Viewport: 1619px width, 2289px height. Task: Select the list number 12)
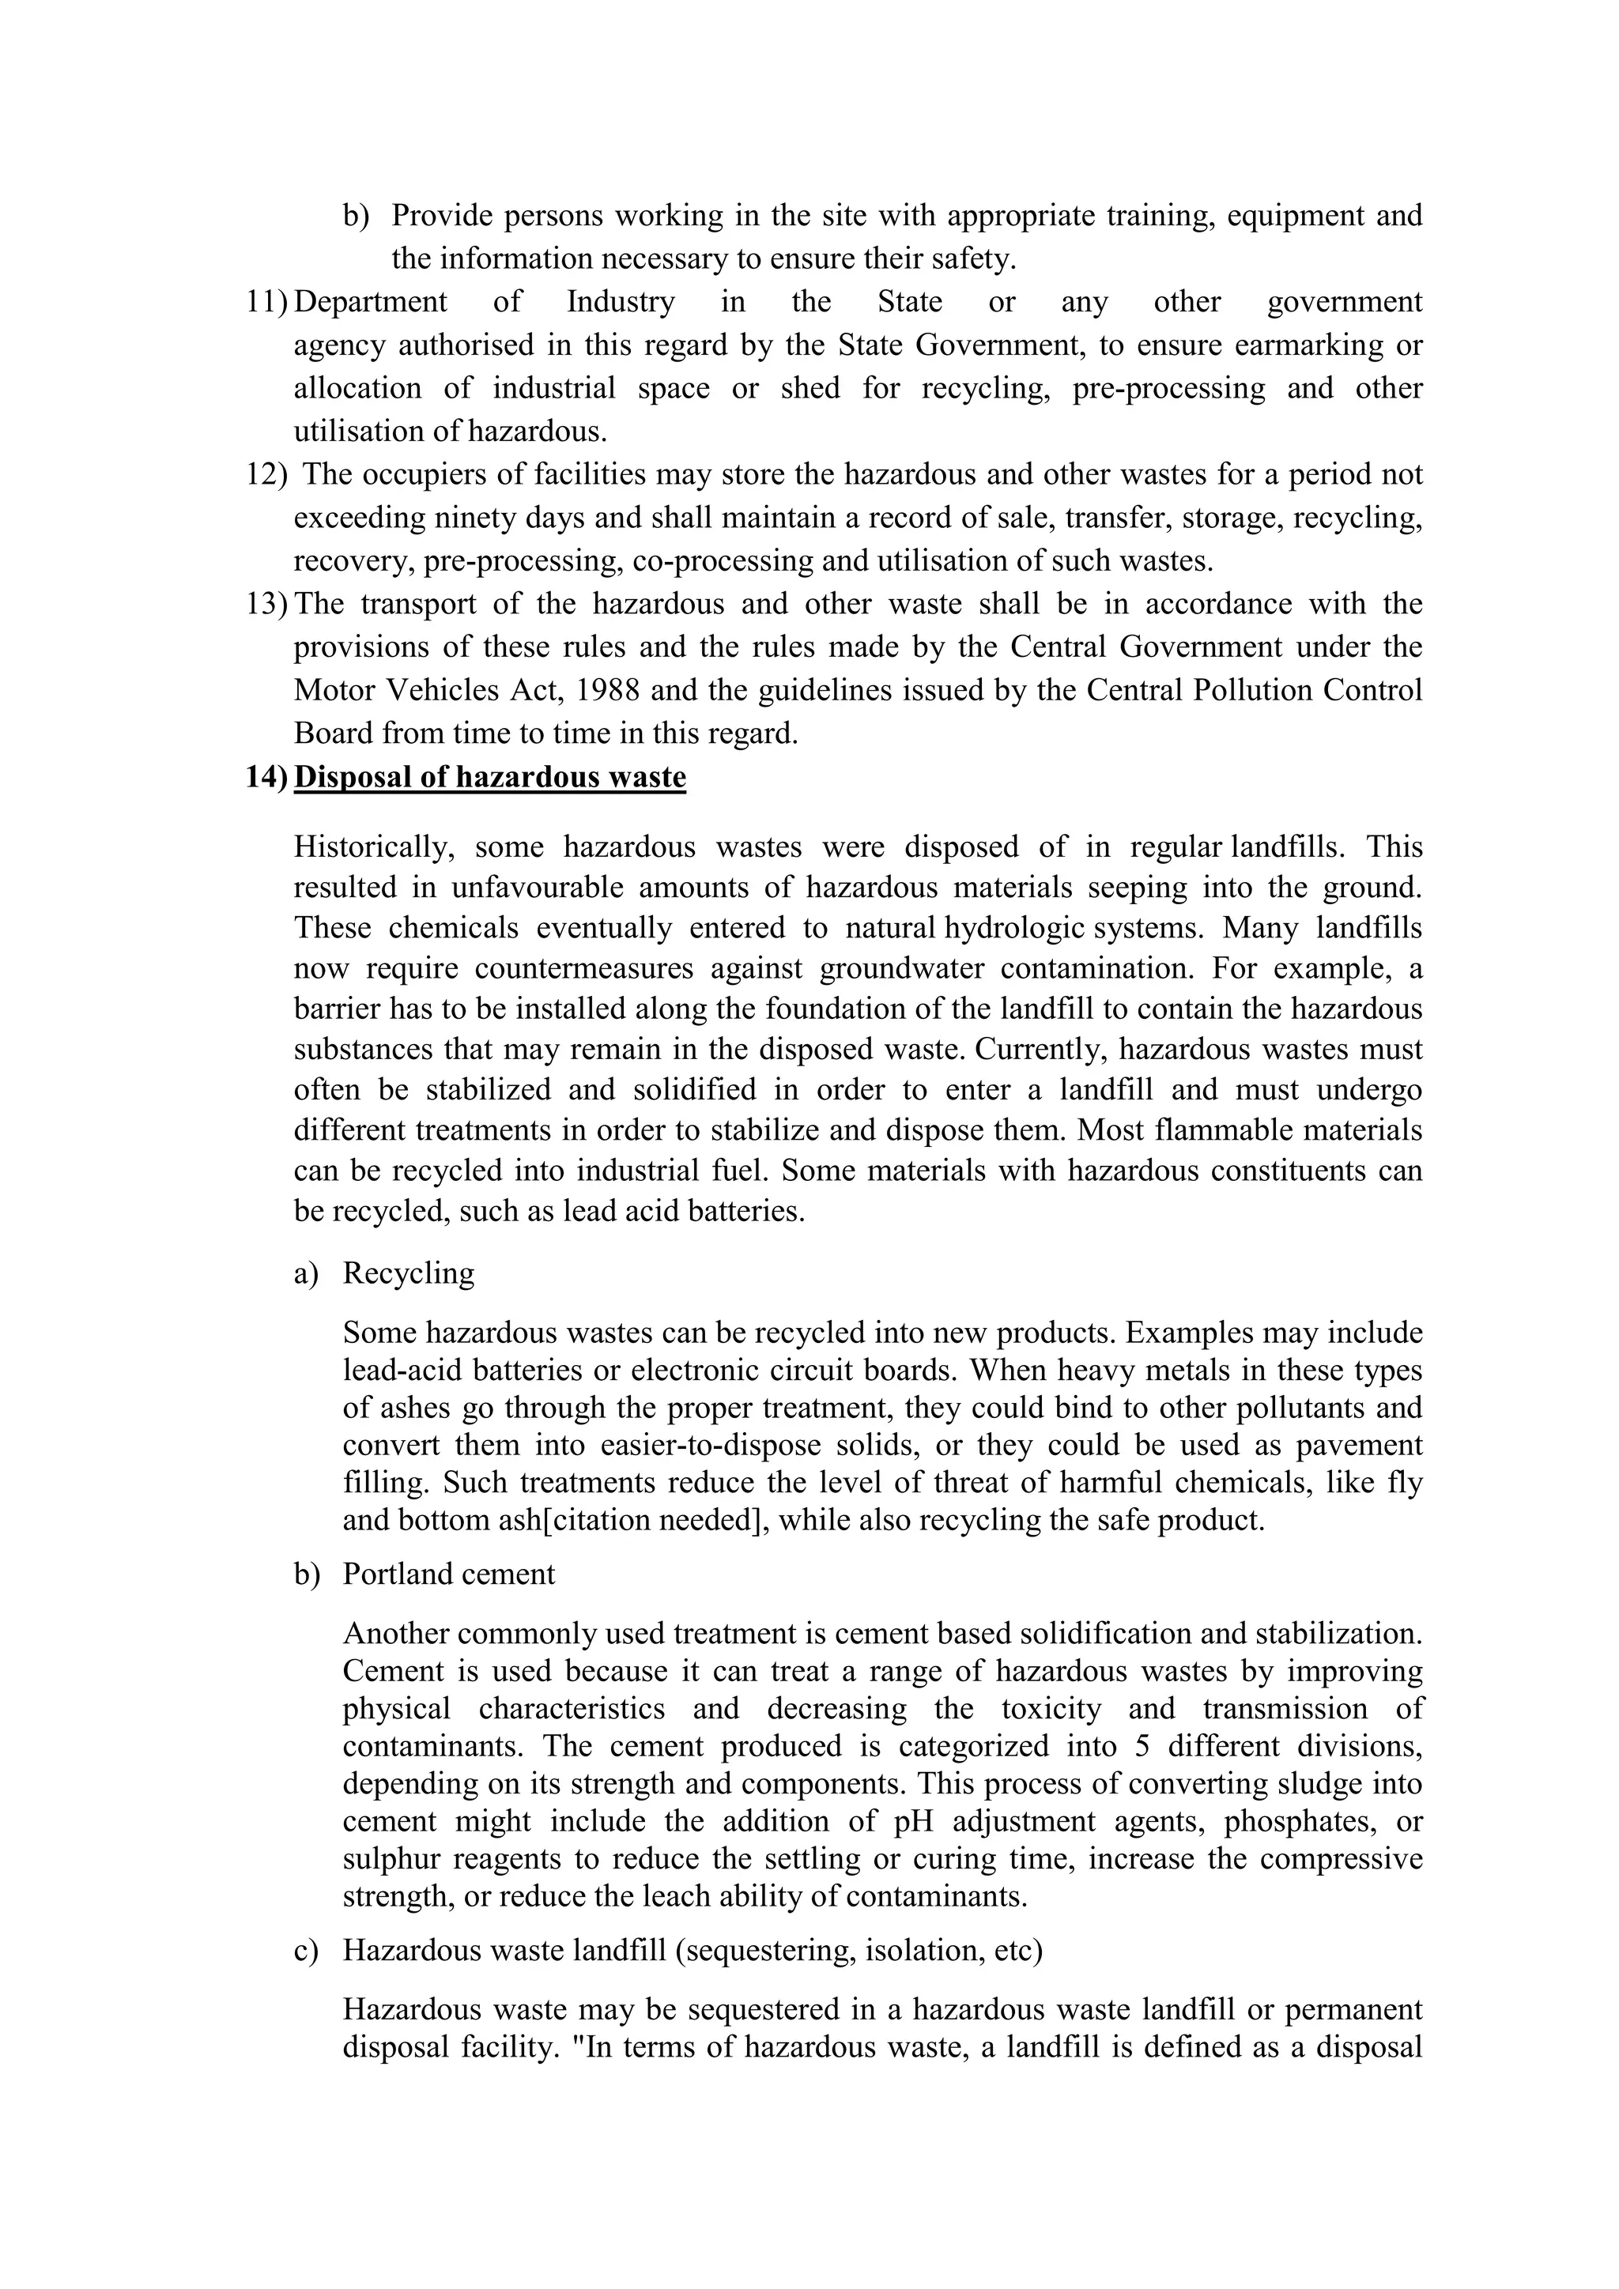(266, 473)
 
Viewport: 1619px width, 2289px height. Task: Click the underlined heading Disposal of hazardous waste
(489, 777)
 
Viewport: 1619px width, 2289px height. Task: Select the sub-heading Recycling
(409, 1273)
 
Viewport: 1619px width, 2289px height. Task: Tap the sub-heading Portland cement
(448, 1574)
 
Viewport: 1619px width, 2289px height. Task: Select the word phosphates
(1299, 1821)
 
